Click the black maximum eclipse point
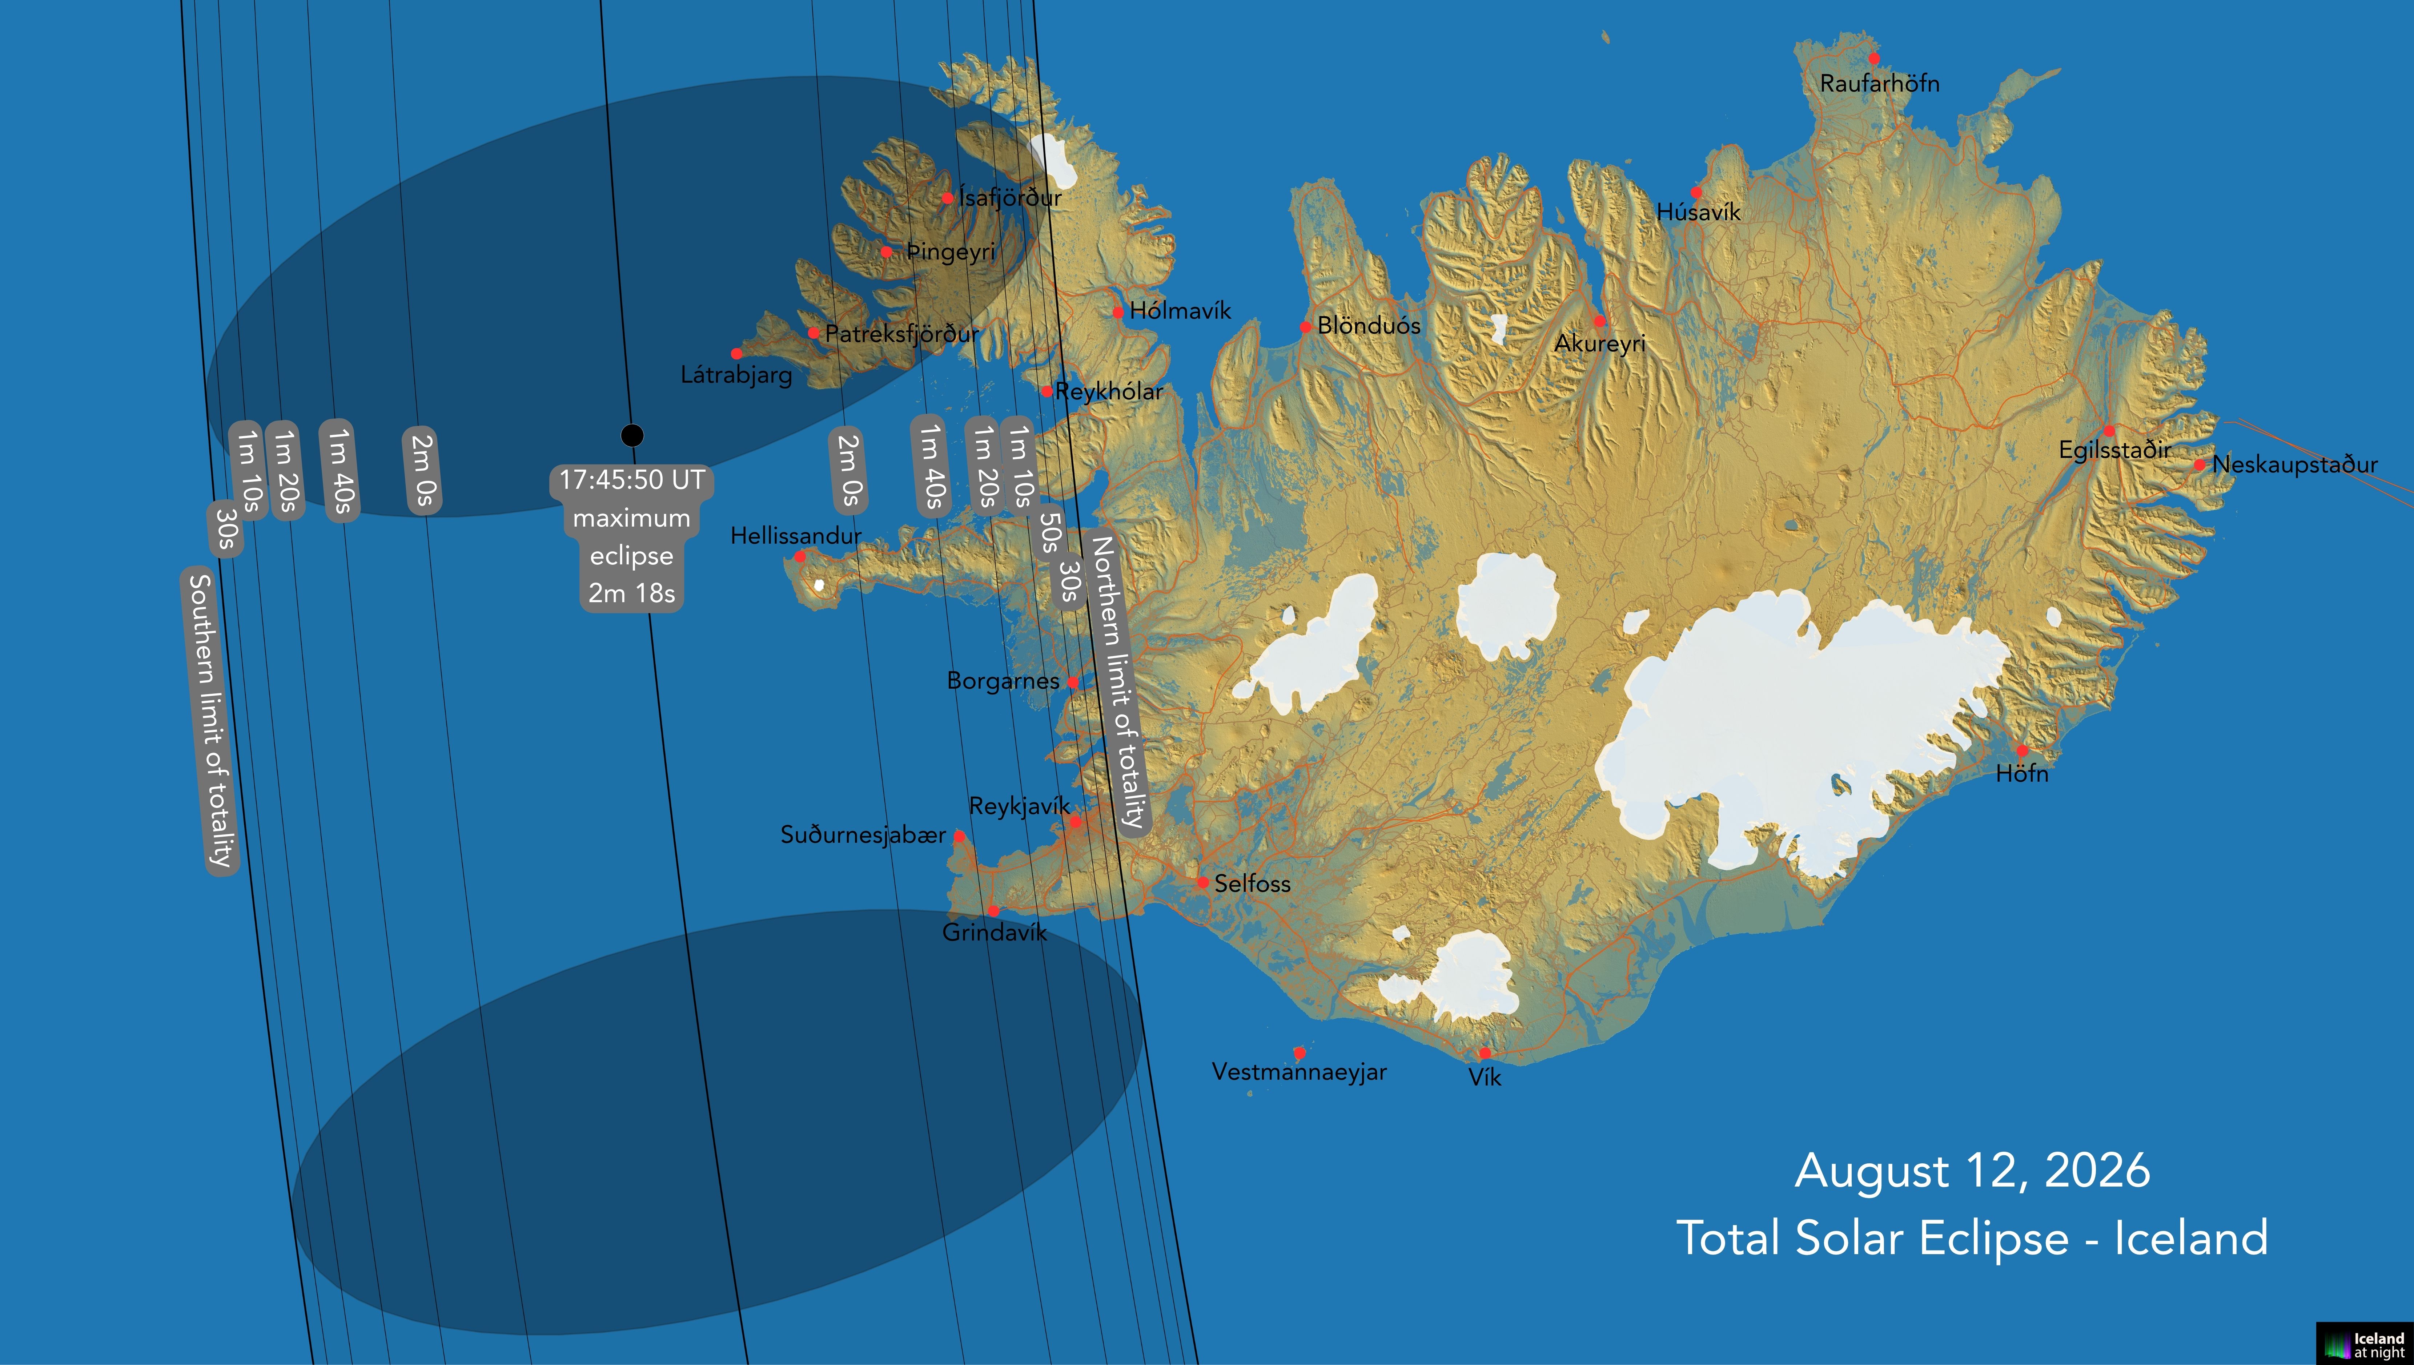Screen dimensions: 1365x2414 632,435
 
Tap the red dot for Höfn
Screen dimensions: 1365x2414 2022,750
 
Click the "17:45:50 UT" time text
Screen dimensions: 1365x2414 632,480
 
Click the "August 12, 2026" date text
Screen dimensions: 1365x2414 1972,1171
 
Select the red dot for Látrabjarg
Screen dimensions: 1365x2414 737,354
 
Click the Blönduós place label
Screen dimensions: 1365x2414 1369,326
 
